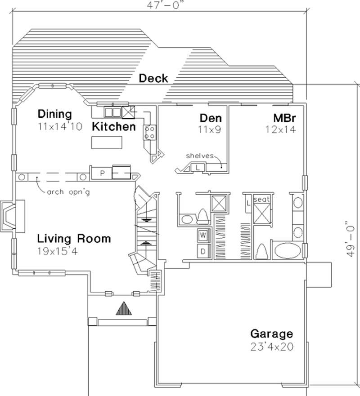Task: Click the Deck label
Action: tap(153, 78)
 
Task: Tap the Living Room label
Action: tap(74, 238)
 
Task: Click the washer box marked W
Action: tap(202, 235)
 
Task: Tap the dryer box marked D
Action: tap(202, 251)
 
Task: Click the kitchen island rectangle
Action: tap(107, 142)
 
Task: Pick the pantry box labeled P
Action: tap(102, 172)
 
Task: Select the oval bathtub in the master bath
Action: tap(286, 250)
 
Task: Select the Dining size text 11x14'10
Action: tap(60, 127)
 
